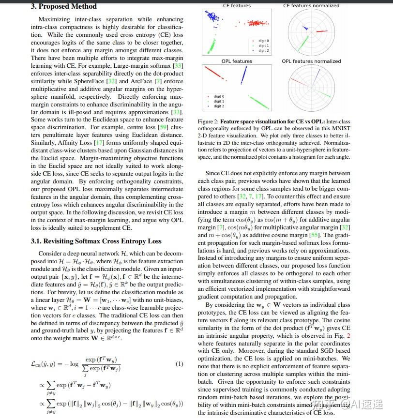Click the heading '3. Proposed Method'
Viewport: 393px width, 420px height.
(x=63, y=6)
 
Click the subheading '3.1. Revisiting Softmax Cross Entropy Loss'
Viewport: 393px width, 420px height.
(x=96, y=241)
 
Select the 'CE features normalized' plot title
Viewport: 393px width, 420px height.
(x=311, y=5)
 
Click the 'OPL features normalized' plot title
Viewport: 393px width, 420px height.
(x=311, y=61)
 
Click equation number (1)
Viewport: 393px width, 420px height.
(x=179, y=364)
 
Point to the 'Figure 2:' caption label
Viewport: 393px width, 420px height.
(x=209, y=121)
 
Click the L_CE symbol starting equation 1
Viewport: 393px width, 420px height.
(x=36, y=364)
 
